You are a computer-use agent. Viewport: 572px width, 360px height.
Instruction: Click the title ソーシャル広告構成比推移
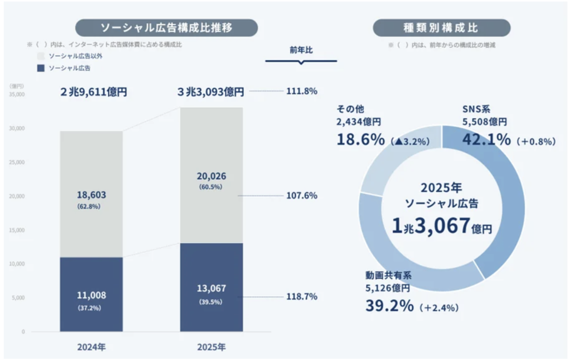pos(167,28)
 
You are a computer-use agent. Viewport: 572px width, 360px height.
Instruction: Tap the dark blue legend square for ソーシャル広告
pos(41,68)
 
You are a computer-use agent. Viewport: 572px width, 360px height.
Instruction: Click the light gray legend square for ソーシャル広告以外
pos(41,56)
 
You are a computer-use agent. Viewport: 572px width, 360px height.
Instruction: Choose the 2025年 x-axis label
pos(211,346)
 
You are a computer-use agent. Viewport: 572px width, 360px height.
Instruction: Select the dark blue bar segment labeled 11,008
pos(91,295)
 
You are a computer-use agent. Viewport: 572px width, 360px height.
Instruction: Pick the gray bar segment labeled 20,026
pos(211,176)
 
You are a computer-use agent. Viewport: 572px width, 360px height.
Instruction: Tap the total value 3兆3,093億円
pos(211,92)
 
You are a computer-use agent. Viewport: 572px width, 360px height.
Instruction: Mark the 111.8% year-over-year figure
pos(301,91)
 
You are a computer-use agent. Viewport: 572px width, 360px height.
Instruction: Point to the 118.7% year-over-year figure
pos(301,296)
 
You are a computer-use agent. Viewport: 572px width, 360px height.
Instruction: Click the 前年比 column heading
pos(301,51)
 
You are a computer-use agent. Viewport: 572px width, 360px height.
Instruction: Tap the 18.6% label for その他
pos(361,140)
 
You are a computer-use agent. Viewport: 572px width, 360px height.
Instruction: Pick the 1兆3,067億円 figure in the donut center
pos(442,225)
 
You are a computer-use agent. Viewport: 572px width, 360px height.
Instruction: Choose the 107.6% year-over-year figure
pos(301,195)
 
